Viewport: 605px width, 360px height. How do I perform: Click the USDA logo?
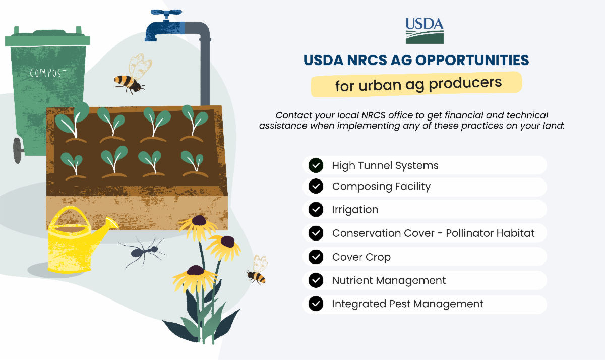click(425, 31)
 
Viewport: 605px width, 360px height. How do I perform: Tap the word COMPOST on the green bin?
click(48, 73)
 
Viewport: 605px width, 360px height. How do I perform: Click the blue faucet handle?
click(166, 13)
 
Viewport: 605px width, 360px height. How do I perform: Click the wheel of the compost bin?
click(17, 150)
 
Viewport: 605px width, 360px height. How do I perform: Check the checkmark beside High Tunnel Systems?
click(316, 165)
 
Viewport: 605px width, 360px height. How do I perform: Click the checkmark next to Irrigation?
click(316, 209)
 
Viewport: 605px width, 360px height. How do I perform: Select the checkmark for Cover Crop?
click(316, 257)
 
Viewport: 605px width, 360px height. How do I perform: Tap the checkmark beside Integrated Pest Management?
click(316, 304)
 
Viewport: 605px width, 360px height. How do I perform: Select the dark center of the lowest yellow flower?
click(196, 270)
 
